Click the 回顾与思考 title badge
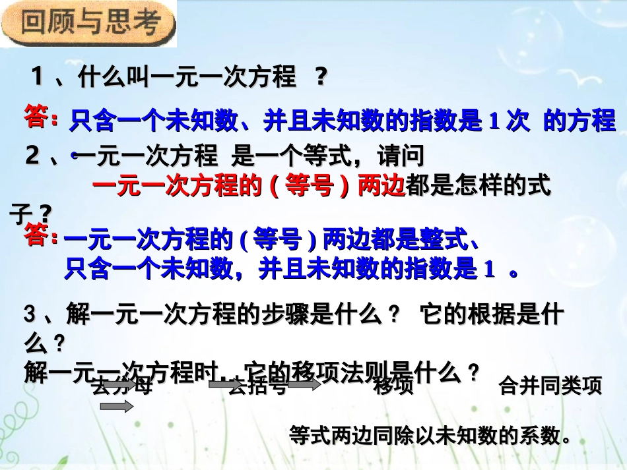click(x=90, y=24)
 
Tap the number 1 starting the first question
click(x=38, y=77)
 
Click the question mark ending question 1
click(x=321, y=78)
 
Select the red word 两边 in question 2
click(x=381, y=187)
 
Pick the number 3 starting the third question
click(x=29, y=316)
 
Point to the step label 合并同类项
click(x=550, y=386)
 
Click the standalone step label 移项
click(x=393, y=386)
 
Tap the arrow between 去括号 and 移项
click(x=304, y=385)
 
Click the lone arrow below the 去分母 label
click(x=116, y=407)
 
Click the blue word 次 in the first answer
click(x=519, y=121)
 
